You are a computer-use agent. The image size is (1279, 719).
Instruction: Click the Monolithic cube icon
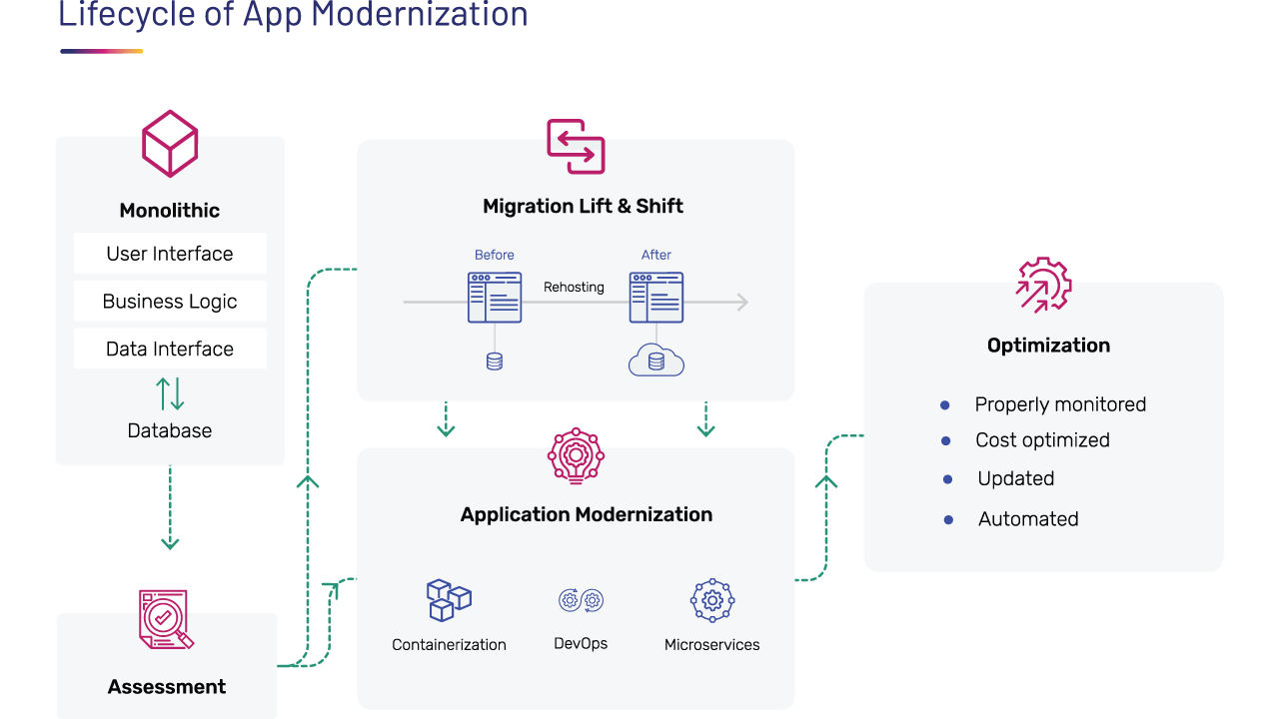170,144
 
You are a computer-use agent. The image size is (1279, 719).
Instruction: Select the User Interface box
170,254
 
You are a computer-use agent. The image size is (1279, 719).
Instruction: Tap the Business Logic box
170,302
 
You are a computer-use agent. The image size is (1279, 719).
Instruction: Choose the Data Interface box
170,349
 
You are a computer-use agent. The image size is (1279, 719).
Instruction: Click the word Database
170,431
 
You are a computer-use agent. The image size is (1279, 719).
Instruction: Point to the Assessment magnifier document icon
165,619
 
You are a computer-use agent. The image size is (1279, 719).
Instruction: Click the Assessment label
167,687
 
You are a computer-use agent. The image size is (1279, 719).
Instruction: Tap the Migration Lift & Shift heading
583,207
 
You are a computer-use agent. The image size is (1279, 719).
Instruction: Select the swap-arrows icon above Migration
576,147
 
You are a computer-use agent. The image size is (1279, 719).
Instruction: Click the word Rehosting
574,288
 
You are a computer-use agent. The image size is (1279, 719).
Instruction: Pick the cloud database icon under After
656,359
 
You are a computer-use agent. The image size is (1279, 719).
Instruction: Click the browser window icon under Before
495,297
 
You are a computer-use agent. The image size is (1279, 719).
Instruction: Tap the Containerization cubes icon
449,600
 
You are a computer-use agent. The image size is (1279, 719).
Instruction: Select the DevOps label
581,644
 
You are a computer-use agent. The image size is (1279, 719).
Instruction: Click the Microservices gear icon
712,600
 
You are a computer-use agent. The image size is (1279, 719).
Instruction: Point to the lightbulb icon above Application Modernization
577,457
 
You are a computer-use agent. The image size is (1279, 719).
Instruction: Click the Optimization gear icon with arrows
1043,286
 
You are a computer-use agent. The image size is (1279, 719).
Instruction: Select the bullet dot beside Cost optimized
945,440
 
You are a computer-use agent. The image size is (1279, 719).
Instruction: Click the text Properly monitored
1060,404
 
